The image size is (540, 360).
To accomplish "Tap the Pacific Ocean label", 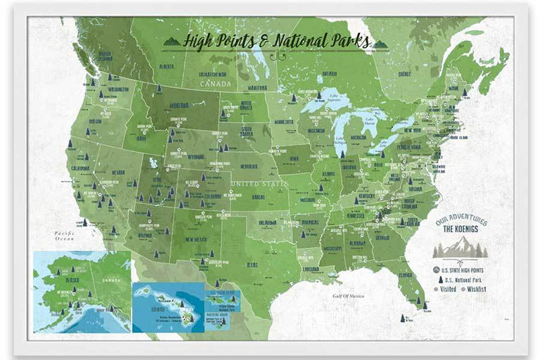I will pyautogui.click(x=66, y=236).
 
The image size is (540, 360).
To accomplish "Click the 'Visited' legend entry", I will pyautogui.click(x=446, y=288).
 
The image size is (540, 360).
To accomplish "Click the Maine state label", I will pyautogui.click(x=472, y=88).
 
